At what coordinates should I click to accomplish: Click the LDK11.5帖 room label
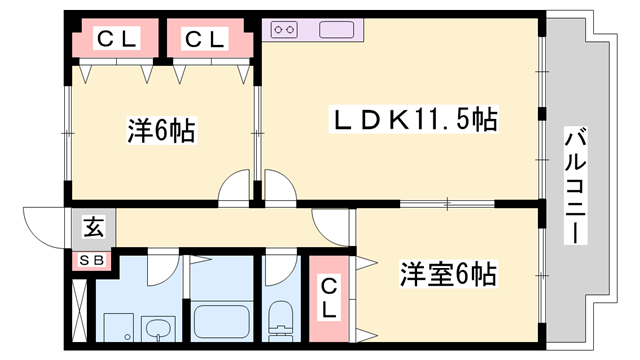coord(415,121)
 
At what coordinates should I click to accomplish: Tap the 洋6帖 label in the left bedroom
coord(160,129)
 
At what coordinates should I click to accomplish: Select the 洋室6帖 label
coord(449,272)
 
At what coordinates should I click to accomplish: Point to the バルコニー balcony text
coord(575,185)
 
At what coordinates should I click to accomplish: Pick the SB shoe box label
coord(91,261)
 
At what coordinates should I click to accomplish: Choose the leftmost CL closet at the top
coord(116,39)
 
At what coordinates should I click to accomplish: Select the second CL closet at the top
coord(205,39)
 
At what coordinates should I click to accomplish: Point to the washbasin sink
coord(158,326)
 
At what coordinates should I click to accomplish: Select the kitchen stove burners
coord(285,30)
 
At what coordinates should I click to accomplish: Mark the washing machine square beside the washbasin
coord(117,325)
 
